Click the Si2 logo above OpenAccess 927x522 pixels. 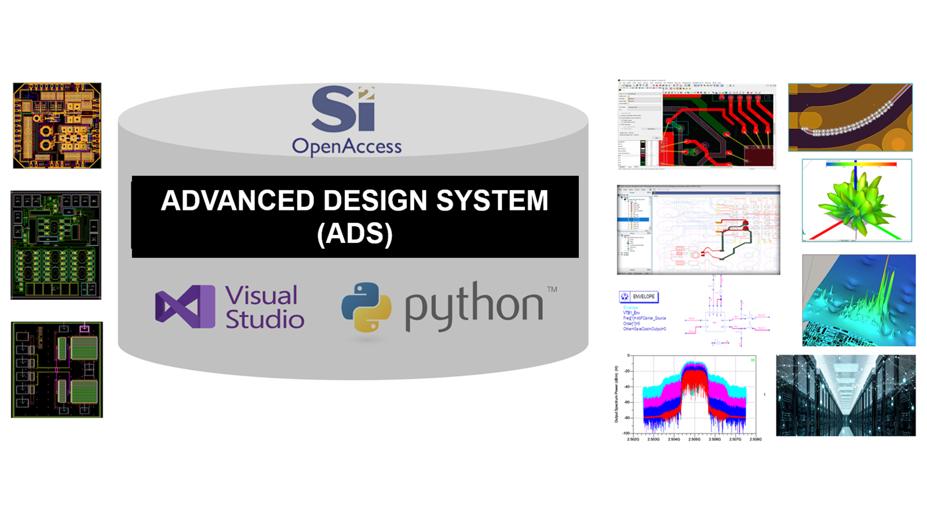(x=343, y=110)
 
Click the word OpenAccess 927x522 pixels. (x=346, y=146)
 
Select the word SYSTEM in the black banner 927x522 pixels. (x=492, y=201)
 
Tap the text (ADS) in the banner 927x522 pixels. (x=355, y=234)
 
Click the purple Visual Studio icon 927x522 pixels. (x=185, y=306)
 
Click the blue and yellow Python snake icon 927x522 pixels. (x=366, y=307)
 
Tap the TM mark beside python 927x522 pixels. (x=552, y=289)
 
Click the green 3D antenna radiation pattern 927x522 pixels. (x=856, y=201)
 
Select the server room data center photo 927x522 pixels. (x=845, y=396)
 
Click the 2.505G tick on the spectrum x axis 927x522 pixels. (x=694, y=439)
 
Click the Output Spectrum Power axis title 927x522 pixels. (x=616, y=394)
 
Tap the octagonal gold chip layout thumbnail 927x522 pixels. (x=57, y=125)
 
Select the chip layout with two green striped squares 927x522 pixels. (x=57, y=369)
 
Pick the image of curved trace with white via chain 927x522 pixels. (x=850, y=117)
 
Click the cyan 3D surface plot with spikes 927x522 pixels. (x=858, y=300)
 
